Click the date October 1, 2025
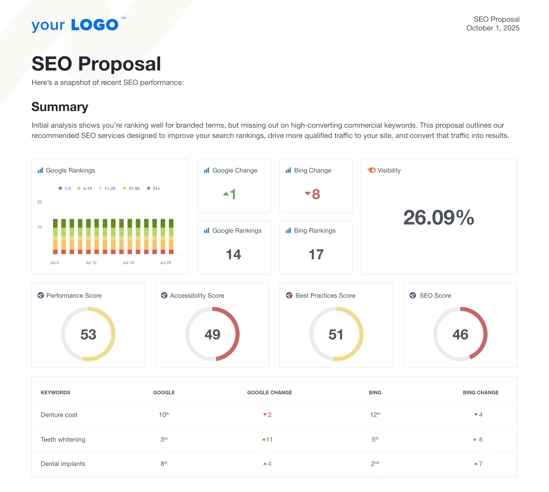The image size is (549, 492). point(492,28)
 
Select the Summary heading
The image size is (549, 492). point(60,107)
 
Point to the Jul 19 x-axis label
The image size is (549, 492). point(128,263)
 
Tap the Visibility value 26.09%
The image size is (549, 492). point(439,218)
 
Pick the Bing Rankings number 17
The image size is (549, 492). point(316,255)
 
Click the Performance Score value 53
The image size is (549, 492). point(88,335)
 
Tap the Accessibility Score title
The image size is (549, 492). point(197,296)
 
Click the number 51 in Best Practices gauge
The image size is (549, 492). point(336,335)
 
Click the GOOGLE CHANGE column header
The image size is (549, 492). point(269,392)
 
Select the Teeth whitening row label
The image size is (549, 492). point(63,440)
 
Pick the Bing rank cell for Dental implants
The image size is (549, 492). point(375,464)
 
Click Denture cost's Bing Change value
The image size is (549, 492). point(479,415)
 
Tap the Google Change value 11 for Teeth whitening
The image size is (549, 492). point(268,440)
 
